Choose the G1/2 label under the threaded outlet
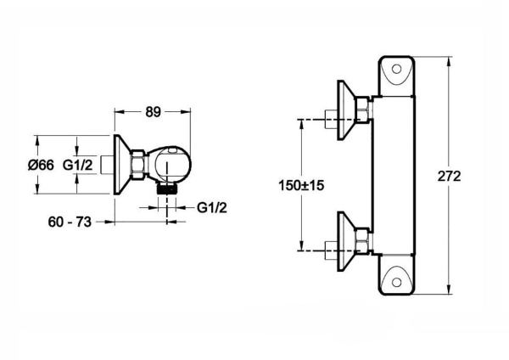pos(211,207)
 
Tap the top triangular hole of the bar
pos(398,73)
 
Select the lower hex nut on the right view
pos(361,242)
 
